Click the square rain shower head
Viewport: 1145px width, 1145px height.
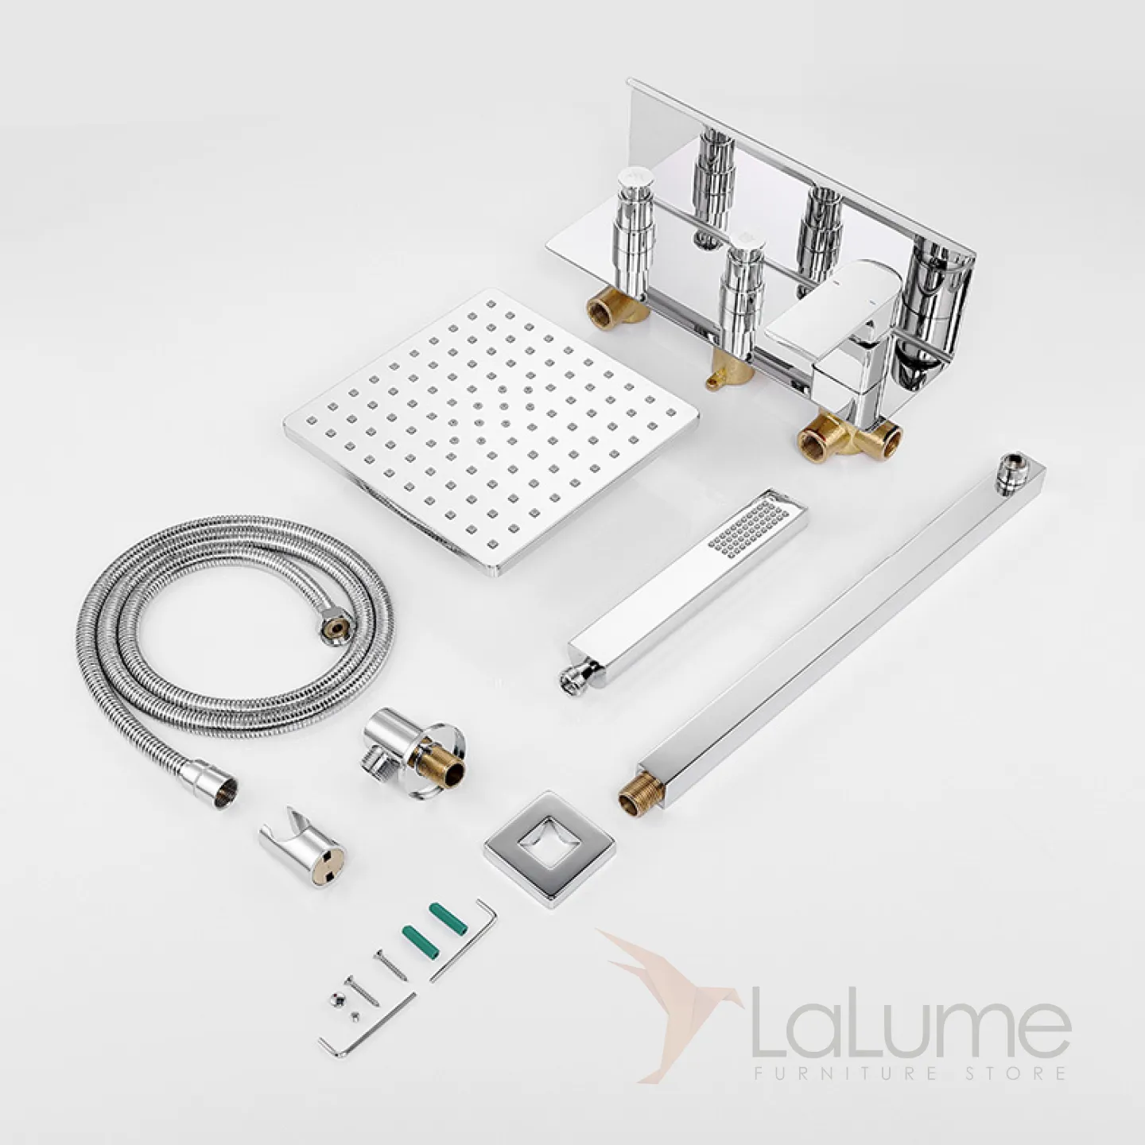point(491,432)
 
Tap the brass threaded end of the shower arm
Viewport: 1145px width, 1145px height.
point(636,794)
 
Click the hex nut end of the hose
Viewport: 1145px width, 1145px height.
point(333,629)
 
